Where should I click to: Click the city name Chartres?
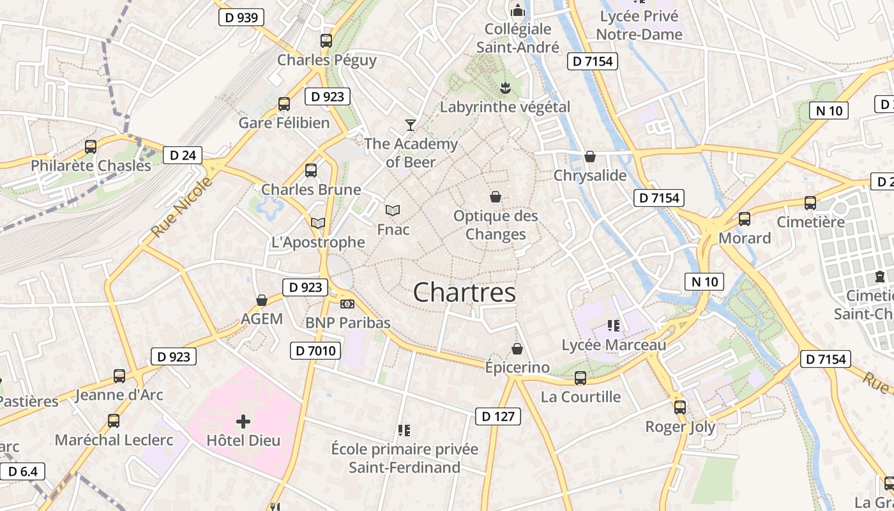click(464, 293)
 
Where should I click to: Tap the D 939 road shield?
click(241, 17)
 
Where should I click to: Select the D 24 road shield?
click(183, 155)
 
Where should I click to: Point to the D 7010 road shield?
click(316, 350)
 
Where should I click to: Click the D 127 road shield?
click(498, 416)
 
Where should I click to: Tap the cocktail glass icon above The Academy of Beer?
click(411, 125)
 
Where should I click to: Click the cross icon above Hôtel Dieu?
click(243, 422)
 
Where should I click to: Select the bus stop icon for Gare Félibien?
click(284, 103)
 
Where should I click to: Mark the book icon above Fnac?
click(393, 210)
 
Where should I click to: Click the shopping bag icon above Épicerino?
click(517, 349)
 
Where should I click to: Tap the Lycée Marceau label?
click(614, 345)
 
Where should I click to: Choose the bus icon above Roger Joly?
click(680, 407)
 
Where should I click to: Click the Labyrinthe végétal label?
click(504, 107)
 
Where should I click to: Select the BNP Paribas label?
click(347, 323)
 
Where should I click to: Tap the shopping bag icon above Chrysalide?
click(590, 156)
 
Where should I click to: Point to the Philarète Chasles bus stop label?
click(91, 165)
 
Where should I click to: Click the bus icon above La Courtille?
click(580, 378)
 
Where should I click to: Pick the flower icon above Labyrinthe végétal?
click(505, 86)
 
